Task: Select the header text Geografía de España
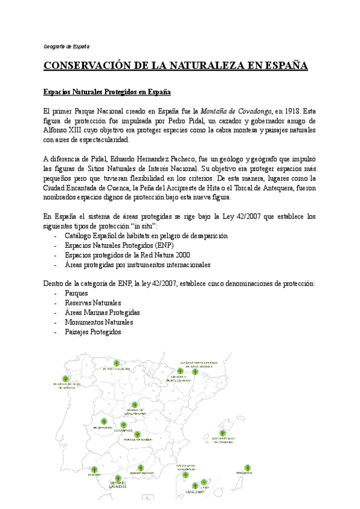pos(67,47)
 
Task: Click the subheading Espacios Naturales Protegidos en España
pos(107,92)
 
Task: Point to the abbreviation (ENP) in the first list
pos(161,245)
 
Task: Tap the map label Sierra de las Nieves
pos(118,484)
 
